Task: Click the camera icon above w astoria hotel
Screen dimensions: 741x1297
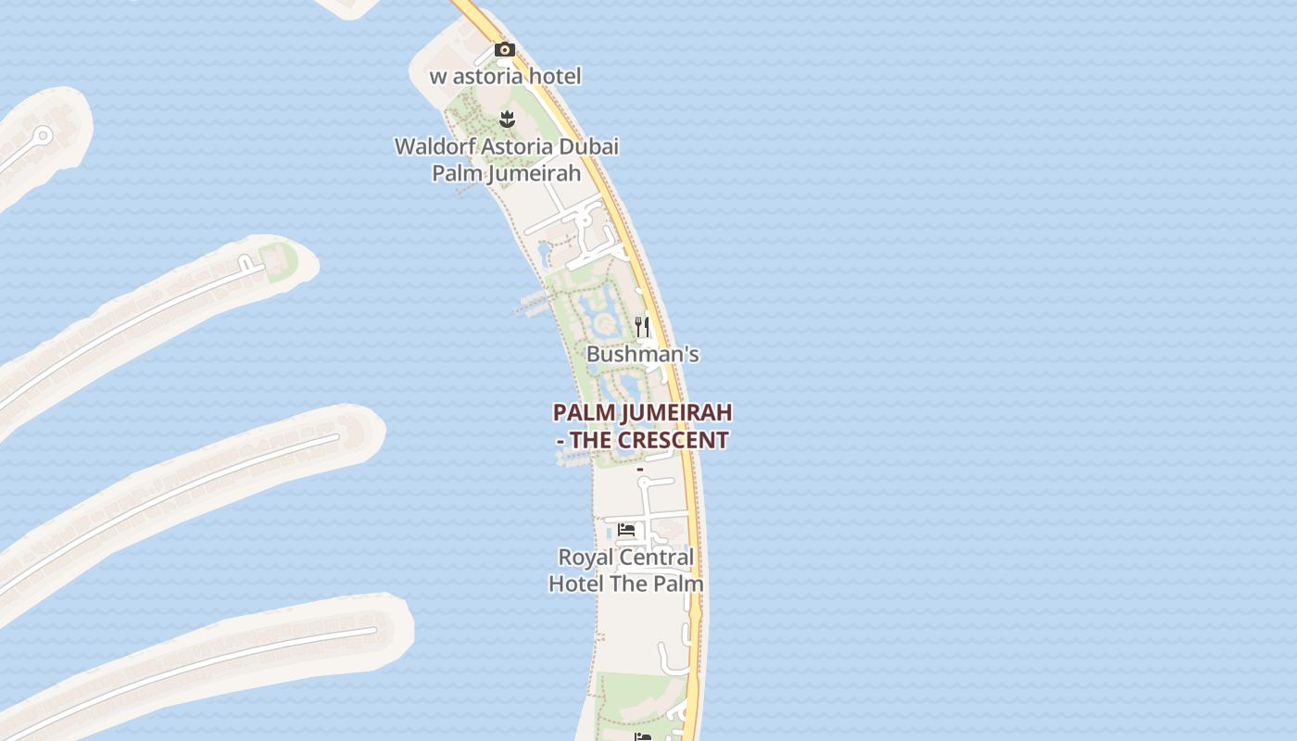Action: [504, 49]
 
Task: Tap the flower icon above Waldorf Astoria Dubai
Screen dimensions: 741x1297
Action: [507, 119]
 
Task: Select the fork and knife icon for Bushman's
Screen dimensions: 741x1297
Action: [641, 326]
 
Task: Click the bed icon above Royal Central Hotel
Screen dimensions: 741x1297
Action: [626, 530]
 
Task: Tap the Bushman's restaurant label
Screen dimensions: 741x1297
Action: [642, 355]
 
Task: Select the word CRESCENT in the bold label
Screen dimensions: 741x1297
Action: [673, 440]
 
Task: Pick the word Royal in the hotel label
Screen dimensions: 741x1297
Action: [583, 558]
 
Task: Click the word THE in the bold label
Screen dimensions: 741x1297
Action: [590, 440]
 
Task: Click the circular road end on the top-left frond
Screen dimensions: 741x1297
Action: [42, 137]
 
